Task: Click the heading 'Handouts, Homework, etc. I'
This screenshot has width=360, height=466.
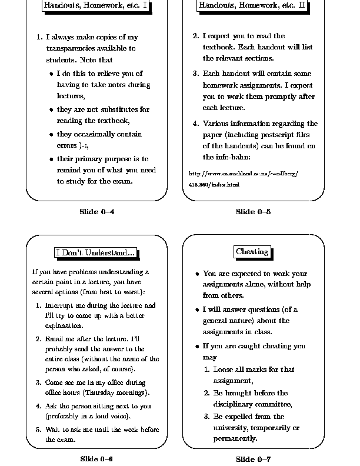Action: (x=96, y=6)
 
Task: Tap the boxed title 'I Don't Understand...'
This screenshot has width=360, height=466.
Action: (x=96, y=252)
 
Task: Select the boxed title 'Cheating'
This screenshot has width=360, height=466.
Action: (x=252, y=252)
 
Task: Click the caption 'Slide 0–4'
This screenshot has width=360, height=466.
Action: (x=96, y=212)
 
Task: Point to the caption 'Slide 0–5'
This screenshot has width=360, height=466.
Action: (x=253, y=212)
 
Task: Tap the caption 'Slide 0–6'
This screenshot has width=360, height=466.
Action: (x=96, y=458)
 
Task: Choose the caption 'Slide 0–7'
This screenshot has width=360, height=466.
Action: (x=253, y=458)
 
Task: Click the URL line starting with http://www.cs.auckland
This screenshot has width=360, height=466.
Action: (x=244, y=174)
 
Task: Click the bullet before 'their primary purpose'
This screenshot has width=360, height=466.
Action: (x=52, y=159)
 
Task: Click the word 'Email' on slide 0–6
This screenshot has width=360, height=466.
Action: (x=55, y=339)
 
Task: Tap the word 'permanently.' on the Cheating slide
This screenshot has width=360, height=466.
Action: (x=235, y=438)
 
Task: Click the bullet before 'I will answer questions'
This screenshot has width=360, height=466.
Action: (x=197, y=309)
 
